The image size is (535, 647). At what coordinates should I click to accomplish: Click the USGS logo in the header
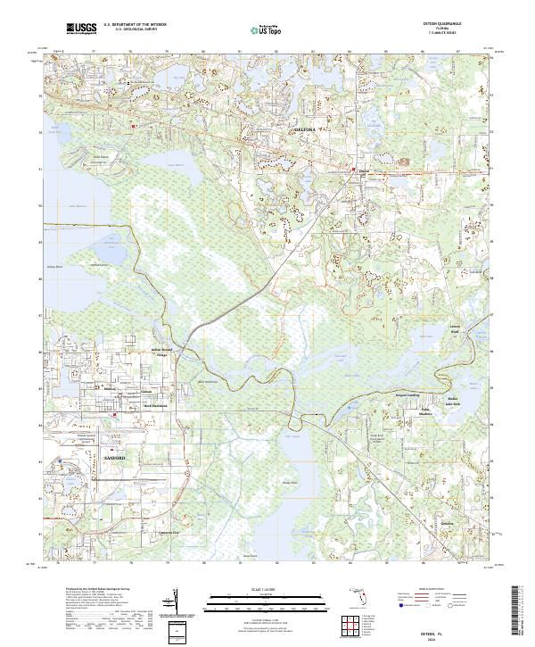coord(83,29)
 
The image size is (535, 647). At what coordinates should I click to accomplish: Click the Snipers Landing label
coord(406,391)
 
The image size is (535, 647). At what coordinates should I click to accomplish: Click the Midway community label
coord(111,390)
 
